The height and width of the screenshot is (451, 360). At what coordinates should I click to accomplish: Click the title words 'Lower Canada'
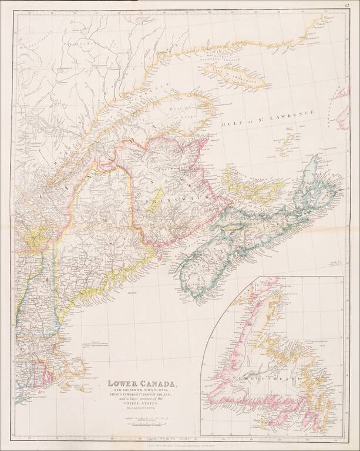[x=142, y=385]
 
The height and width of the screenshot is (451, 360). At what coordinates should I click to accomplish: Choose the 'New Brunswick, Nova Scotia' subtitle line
[x=142, y=392]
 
